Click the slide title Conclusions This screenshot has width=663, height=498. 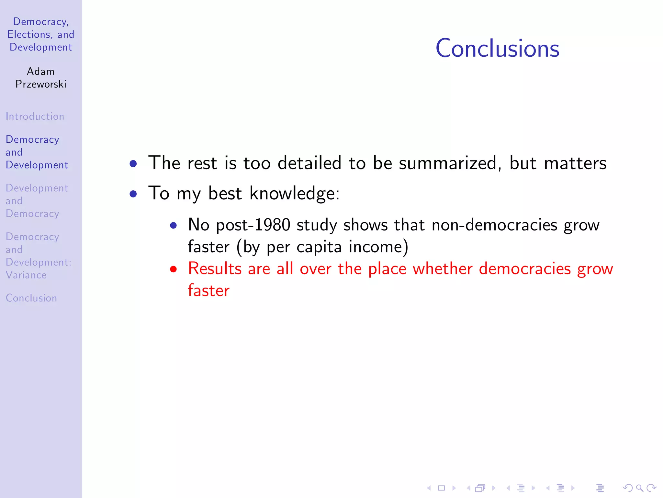[497, 49]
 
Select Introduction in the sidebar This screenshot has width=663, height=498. [35, 116]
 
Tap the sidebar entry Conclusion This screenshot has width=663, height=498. [31, 298]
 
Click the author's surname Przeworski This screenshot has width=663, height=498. [41, 84]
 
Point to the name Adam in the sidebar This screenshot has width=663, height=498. [40, 71]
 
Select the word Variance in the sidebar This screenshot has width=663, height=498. [26, 275]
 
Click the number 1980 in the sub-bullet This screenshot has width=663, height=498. [272, 225]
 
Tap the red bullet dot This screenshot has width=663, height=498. [174, 269]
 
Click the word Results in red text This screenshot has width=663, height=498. [215, 269]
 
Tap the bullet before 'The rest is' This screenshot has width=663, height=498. [133, 163]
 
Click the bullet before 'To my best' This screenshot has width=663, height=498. [133, 194]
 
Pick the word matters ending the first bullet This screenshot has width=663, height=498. [575, 163]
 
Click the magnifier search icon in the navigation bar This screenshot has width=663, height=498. [639, 488]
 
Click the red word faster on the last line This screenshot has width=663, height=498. [209, 290]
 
